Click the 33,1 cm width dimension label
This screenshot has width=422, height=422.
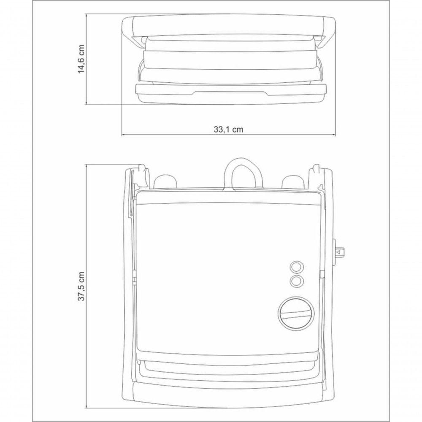coord(228,130)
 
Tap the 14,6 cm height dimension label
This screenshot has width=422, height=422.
coord(81,59)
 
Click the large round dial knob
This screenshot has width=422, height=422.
coord(296,313)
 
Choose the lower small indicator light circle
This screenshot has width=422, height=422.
coord(296,281)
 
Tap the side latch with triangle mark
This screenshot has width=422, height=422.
coord(339,252)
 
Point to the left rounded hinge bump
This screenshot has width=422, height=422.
coord(165,181)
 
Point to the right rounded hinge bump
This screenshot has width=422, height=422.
coord(293,181)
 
